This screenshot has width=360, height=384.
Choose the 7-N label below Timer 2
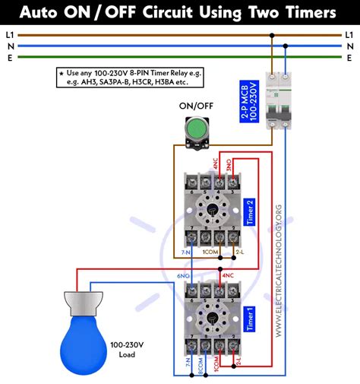186,252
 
